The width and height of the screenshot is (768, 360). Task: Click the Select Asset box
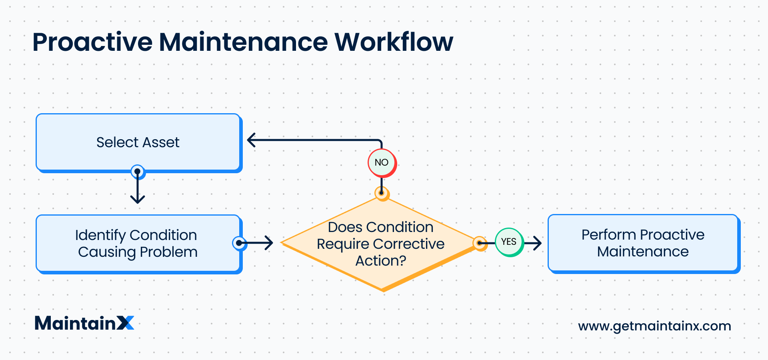point(138,142)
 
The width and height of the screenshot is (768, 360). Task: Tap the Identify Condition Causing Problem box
point(138,243)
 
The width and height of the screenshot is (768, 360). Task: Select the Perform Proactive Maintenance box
point(643,243)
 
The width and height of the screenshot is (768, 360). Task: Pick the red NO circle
point(382,162)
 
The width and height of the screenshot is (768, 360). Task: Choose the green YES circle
point(509,242)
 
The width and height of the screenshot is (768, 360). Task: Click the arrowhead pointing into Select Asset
point(251,140)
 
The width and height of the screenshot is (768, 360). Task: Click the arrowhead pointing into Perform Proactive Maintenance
point(538,242)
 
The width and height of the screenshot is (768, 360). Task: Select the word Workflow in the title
point(394,42)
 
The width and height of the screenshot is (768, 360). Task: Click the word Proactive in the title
point(92,42)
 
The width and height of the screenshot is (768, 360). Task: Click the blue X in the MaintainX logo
point(126,323)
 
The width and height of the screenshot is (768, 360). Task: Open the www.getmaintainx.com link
point(654,326)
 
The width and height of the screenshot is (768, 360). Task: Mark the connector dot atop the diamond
point(382,193)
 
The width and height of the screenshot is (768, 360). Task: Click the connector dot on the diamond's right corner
point(479,243)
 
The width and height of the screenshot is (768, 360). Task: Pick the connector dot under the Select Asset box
point(138,172)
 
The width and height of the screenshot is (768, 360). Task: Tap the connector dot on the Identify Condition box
point(239,243)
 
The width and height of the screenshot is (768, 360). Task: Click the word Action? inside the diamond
point(381,261)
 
